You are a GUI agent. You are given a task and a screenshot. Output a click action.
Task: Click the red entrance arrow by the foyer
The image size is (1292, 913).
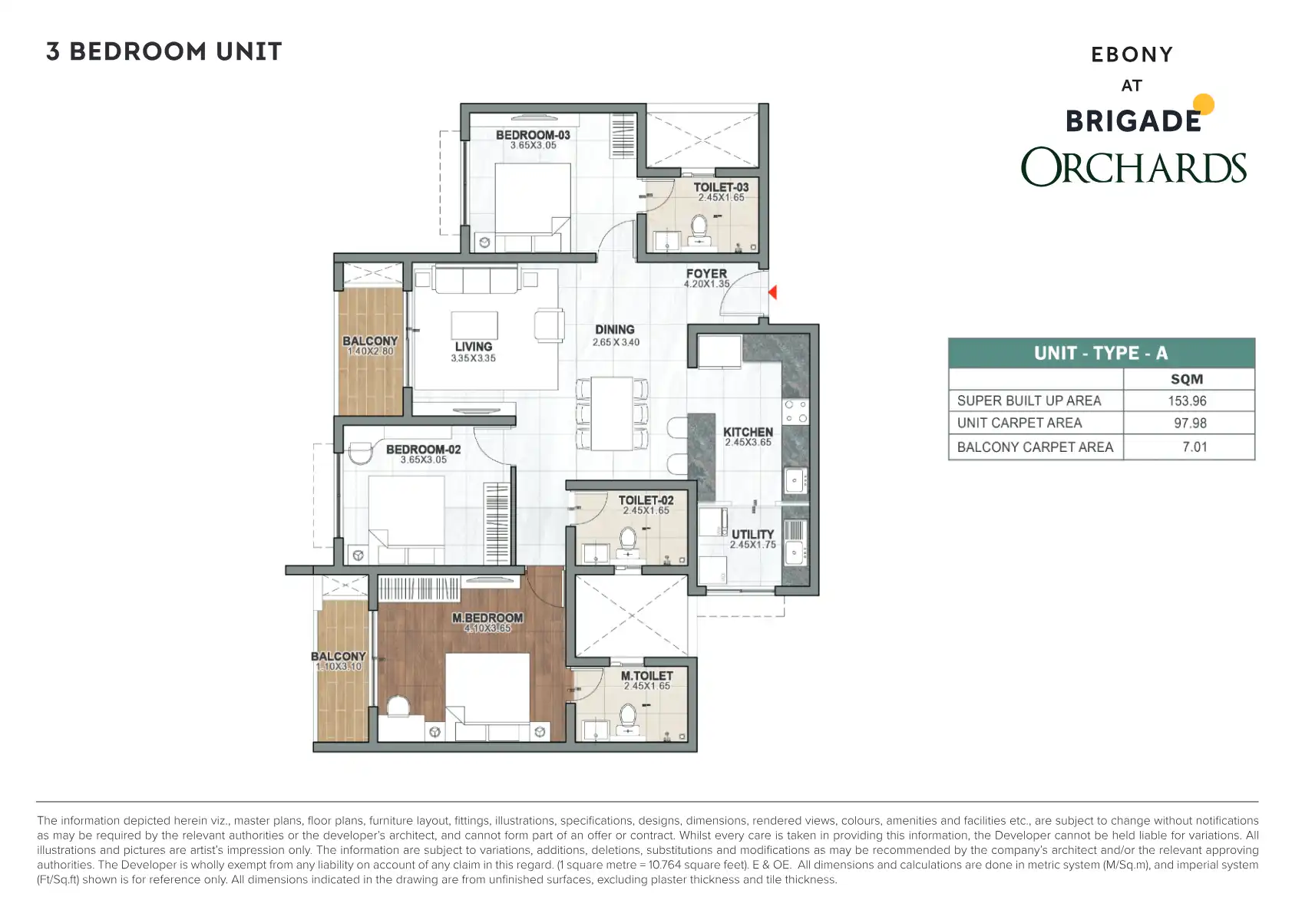773,292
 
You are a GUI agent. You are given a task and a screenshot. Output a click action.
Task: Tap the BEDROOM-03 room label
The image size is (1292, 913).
533,135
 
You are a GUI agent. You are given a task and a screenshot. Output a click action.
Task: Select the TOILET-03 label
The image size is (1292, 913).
721,187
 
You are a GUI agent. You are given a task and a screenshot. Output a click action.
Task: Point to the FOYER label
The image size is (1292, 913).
706,273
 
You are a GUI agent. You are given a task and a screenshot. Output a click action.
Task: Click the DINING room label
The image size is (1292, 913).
615,329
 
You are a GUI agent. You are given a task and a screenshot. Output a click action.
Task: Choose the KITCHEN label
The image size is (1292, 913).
748,432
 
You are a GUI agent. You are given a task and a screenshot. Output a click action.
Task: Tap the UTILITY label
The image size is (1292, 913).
752,534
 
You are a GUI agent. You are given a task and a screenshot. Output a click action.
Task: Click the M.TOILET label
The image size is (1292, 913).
647,675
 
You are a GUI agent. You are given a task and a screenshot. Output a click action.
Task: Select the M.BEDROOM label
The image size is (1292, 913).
487,618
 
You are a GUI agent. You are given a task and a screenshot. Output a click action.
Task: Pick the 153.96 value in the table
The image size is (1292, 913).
1188,400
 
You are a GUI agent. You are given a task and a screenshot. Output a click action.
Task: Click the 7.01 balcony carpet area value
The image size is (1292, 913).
1195,447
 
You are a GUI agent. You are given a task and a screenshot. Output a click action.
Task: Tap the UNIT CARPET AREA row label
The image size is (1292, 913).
1019,423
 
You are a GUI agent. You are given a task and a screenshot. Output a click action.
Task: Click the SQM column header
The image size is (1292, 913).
1187,379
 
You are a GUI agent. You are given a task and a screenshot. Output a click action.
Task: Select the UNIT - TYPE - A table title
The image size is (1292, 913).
1101,353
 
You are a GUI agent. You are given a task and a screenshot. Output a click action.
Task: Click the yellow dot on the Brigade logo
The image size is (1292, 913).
1204,104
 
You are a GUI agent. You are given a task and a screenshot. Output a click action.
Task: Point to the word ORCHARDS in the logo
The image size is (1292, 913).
1134,166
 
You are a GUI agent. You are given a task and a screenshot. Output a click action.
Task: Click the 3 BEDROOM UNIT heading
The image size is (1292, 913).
164,51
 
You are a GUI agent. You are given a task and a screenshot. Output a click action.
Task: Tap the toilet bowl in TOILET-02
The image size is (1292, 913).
627,539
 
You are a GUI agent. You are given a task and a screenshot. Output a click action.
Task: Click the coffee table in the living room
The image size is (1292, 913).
474,325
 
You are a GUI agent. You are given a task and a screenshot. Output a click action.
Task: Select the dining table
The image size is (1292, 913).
612,414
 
